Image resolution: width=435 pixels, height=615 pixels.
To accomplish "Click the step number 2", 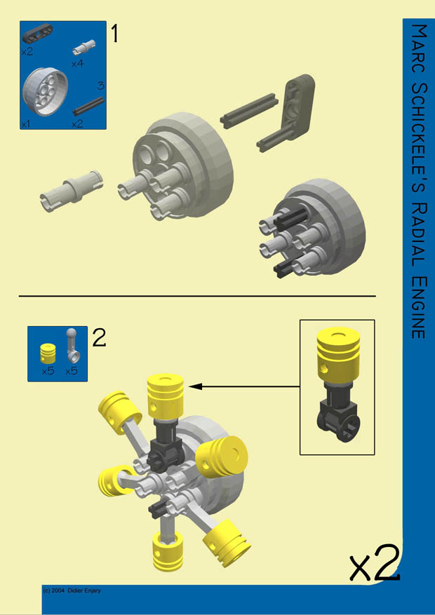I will pyautogui.click(x=99, y=338).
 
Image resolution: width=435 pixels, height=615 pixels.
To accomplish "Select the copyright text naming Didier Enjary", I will pyautogui.click(x=72, y=590).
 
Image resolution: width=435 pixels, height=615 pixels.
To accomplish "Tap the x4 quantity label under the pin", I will pyautogui.click(x=78, y=64).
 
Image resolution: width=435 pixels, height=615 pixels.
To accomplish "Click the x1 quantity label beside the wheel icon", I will pyautogui.click(x=27, y=123).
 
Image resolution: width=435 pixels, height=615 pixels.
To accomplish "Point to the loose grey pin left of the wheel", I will pyautogui.click(x=70, y=190).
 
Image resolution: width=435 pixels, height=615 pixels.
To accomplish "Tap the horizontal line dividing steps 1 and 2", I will pyautogui.click(x=196, y=297).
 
